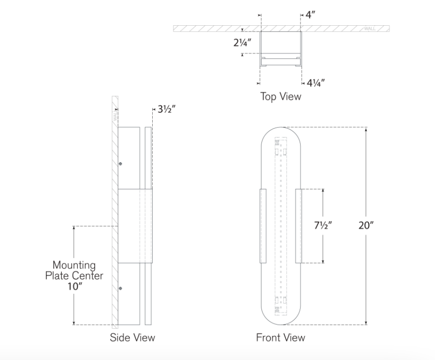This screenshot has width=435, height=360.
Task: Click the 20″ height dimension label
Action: click(366, 225)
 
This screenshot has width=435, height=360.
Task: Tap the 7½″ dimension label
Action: click(323, 225)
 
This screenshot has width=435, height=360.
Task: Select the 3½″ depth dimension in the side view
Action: click(167, 109)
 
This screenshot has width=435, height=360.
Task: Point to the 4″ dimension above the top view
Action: click(310, 15)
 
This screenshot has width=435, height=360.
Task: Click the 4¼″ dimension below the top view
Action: click(315, 83)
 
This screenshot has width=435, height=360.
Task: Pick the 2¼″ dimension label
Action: click(243, 43)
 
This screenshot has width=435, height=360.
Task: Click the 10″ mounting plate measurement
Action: click(75, 286)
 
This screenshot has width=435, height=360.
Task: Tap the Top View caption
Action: click(281, 96)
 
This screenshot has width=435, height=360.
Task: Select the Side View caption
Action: click(132, 338)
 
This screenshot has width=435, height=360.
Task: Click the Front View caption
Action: click(280, 338)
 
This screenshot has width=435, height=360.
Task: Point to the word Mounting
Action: click(74, 265)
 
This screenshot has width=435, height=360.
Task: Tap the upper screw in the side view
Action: click(121, 164)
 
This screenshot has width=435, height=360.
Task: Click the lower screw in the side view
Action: click(121, 288)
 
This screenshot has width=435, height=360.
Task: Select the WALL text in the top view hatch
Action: click(370, 29)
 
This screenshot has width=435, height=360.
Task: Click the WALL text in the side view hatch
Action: click(115, 115)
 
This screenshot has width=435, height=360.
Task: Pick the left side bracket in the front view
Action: click(263, 226)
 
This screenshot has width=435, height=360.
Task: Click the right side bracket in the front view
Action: click(299, 226)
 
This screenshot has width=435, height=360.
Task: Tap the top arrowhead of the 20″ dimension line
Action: click(366, 129)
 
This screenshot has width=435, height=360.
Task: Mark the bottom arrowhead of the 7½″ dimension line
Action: click(323, 261)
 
